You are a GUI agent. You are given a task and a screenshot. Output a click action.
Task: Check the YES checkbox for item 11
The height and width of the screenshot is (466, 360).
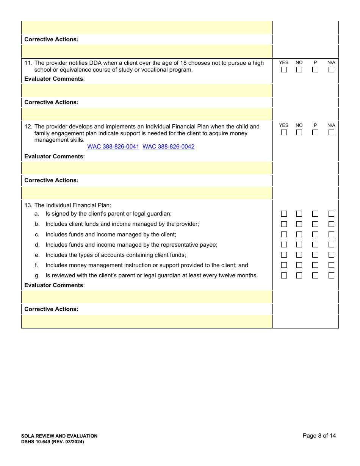pyautogui.click(x=284, y=70)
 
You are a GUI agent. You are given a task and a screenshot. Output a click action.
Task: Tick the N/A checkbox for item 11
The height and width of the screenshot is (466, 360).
pyautogui.click(x=331, y=70)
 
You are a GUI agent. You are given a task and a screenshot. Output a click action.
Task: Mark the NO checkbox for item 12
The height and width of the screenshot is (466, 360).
pyautogui.click(x=299, y=133)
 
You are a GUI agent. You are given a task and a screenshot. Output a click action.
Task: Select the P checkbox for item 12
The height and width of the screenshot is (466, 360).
pyautogui.click(x=315, y=133)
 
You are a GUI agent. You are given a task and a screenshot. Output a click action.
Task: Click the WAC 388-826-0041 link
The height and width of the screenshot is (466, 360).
pyautogui.click(x=113, y=147)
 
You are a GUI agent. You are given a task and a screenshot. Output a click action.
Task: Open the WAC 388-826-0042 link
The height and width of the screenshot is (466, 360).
pyautogui.click(x=169, y=147)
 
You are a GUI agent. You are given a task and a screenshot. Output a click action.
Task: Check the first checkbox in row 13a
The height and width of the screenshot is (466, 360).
pyautogui.click(x=284, y=214)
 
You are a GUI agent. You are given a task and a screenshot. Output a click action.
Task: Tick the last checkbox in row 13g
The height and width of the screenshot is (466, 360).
pyautogui.click(x=331, y=275)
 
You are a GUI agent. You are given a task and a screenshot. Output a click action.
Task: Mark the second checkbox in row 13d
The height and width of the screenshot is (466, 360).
pyautogui.click(x=299, y=245)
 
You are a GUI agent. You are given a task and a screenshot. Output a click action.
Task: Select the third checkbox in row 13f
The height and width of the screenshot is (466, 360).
pyautogui.click(x=315, y=265)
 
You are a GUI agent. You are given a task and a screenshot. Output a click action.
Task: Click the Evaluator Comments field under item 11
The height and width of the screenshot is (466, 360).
pyautogui.click(x=147, y=91)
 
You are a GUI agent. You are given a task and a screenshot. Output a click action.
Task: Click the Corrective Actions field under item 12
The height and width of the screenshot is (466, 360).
pyautogui.click(x=147, y=193)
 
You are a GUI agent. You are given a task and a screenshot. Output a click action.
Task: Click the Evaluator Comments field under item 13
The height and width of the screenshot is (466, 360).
pyautogui.click(x=147, y=297)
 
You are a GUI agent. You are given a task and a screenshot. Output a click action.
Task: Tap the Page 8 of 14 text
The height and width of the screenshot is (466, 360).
pyautogui.click(x=319, y=436)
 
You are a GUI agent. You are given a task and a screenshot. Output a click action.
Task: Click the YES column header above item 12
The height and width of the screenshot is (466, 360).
pyautogui.click(x=283, y=125)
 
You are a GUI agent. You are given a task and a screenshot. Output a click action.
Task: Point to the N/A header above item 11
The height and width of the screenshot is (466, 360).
pyautogui.click(x=331, y=63)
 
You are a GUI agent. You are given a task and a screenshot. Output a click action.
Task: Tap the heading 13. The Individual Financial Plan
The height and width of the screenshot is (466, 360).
pyautogui.click(x=68, y=205)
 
